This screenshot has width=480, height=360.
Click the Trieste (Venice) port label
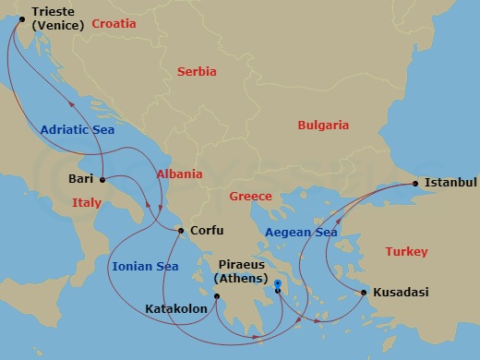[57, 18]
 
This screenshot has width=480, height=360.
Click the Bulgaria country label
[322, 125]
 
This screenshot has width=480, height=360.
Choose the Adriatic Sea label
[77, 130]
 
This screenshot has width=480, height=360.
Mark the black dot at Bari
[102, 179]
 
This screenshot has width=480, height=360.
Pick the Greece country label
[250, 196]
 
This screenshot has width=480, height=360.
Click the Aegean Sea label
[301, 233]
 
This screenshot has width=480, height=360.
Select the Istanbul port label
[450, 183]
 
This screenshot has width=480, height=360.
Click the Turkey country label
[406, 250]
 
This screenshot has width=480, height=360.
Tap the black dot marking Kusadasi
[364, 293]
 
